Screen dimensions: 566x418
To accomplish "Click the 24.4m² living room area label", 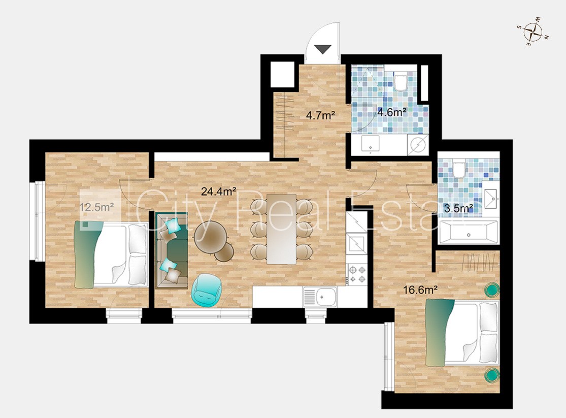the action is [219, 191].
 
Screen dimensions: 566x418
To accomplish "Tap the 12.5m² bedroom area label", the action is [97, 207].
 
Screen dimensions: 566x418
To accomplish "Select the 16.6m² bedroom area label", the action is [420, 290].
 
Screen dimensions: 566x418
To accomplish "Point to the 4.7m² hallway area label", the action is [320, 115].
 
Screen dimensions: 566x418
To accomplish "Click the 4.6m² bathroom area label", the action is [392, 112].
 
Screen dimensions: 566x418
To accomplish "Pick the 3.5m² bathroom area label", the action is [458, 208].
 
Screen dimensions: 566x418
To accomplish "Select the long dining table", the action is [282, 229].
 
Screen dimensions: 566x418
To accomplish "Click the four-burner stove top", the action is [357, 274].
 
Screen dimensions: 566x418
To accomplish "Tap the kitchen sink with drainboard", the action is [320, 297].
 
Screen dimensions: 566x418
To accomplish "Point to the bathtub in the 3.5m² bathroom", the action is [468, 232].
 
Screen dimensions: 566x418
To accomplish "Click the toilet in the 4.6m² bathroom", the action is [400, 81].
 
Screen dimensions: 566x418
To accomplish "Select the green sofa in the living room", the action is [172, 250].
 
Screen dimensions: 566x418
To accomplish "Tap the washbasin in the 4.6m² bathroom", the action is [371, 143].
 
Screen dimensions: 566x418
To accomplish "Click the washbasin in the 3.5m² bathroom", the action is [490, 199].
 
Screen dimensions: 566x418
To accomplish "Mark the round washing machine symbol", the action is [418, 145].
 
